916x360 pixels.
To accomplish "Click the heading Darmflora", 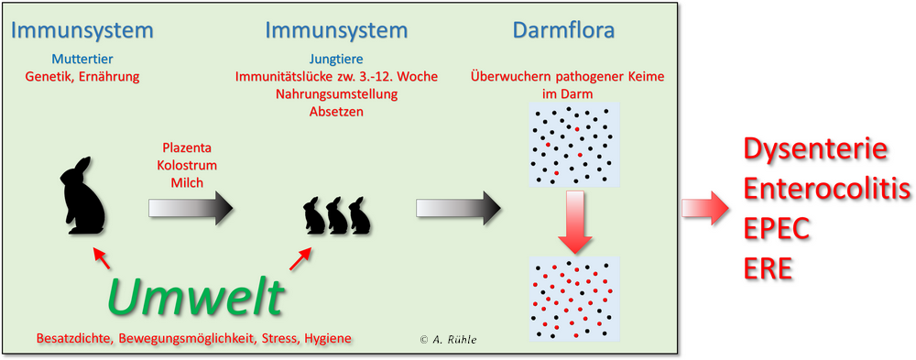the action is pos(563,30).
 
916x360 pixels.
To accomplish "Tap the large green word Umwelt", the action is pos(196,296).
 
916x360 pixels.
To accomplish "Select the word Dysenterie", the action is pos(816,150).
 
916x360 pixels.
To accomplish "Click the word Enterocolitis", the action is pos(826,190).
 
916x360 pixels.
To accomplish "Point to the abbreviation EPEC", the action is pos(776,229).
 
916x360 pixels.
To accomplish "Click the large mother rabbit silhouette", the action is pos(82,195).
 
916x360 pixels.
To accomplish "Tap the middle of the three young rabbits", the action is pos(336,215).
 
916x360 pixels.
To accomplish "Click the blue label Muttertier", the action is pos(82,60).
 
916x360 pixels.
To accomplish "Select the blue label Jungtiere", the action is pos(336,60).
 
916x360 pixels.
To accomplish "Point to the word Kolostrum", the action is pos(187,165).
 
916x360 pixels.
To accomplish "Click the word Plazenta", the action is pos(187,147).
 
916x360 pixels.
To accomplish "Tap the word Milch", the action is pos(187,183).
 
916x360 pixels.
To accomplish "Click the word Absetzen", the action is pos(336,111).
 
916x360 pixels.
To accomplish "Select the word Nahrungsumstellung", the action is pos(336,94).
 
